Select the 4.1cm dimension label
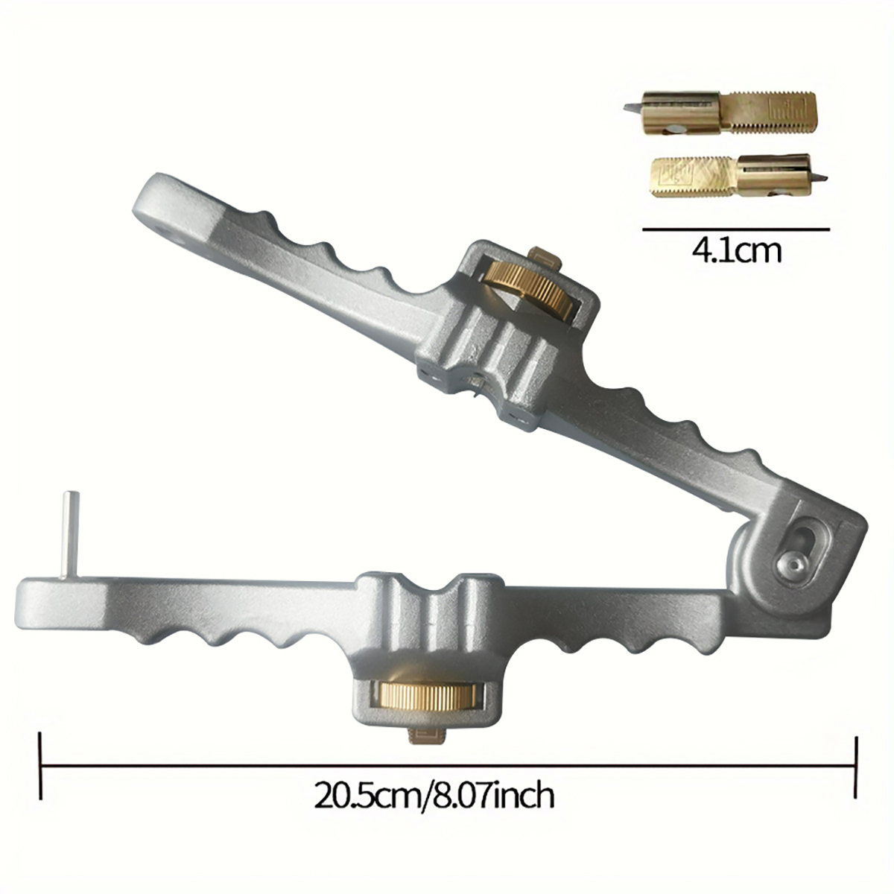coord(736,251)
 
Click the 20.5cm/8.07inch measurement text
coord(434,796)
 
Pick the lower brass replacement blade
coord(734,176)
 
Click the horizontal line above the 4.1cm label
coord(736,229)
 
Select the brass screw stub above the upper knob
coord(542,258)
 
